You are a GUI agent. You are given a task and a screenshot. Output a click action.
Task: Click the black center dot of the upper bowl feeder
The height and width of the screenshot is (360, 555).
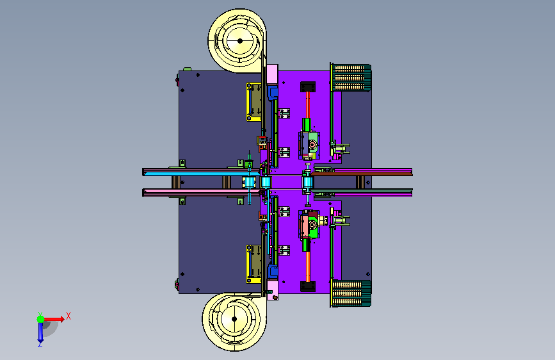tap(239, 41)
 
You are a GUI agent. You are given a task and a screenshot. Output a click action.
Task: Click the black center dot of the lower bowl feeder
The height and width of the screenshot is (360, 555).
tap(234, 319)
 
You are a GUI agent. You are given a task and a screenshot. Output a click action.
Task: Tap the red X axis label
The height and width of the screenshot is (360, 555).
tap(68, 316)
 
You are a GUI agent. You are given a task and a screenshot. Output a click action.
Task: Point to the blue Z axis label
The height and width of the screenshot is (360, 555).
tap(40, 344)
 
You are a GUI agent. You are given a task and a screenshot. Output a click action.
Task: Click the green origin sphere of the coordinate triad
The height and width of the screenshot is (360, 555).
tap(41, 319)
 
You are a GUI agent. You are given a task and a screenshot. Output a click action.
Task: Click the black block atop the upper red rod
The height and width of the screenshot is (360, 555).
tap(307, 86)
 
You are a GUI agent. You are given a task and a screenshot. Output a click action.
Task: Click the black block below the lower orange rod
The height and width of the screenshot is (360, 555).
tap(307, 286)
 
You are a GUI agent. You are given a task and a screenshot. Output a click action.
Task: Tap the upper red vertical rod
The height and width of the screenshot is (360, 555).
tap(307, 105)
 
